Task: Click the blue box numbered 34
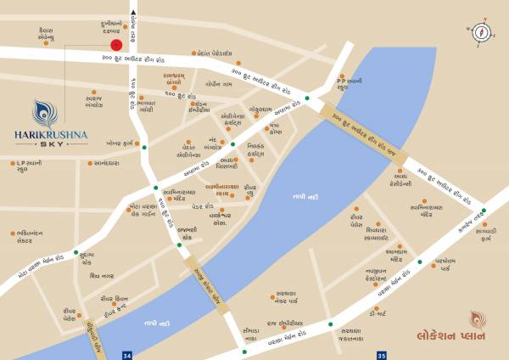point(127,353)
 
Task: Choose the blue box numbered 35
point(382,353)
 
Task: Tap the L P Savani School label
point(28,166)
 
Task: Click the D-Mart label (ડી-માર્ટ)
point(378,314)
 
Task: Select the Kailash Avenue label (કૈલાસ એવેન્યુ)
point(41,34)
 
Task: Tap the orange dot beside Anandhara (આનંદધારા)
point(64,161)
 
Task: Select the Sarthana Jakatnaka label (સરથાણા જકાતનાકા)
point(350,335)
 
